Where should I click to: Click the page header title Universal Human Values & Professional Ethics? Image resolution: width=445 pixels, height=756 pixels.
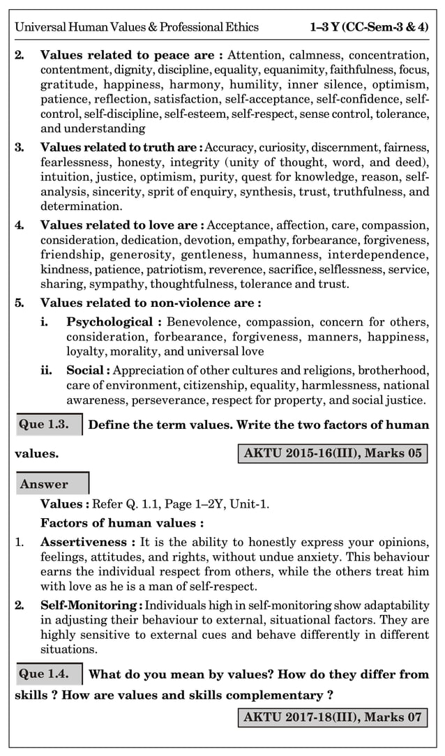click(137, 27)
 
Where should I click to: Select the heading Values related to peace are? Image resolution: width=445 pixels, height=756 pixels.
click(132, 54)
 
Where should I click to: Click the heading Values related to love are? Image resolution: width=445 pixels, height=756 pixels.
click(122, 225)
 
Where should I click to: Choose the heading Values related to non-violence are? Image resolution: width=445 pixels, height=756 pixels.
click(151, 303)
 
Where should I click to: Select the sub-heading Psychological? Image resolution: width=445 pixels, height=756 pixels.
click(114, 322)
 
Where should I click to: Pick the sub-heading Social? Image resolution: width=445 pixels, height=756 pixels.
click(88, 370)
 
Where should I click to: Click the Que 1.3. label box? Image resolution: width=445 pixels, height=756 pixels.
click(48, 424)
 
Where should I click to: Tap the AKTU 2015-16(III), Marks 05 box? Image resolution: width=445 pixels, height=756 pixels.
click(332, 453)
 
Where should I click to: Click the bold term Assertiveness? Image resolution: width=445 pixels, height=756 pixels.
click(87, 542)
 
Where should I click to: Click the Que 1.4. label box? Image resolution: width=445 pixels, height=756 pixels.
click(49, 674)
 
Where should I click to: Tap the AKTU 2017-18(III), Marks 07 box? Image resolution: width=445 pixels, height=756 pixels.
click(332, 716)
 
